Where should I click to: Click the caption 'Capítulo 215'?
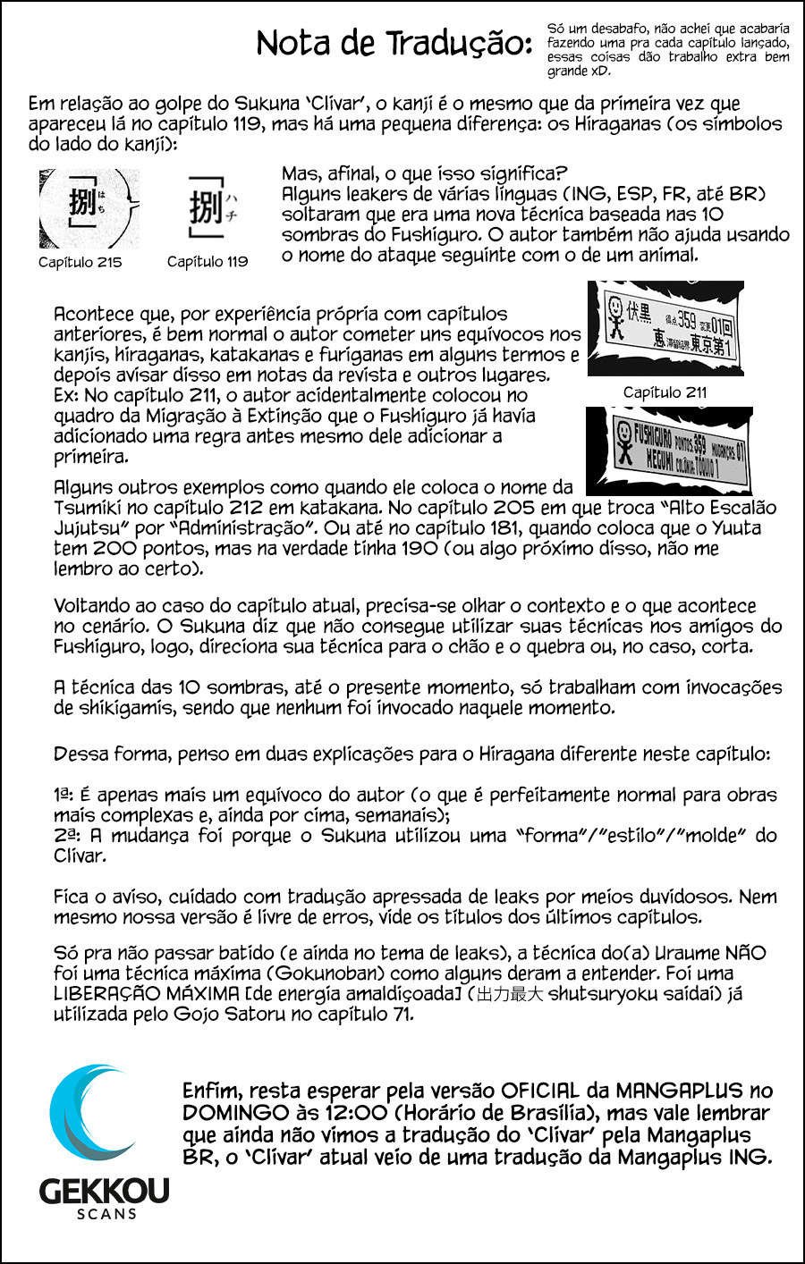(x=80, y=262)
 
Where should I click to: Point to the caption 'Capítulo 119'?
(x=208, y=262)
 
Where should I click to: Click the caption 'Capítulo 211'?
(x=665, y=392)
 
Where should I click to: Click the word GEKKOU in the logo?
(x=104, y=1191)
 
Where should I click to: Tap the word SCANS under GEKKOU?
(x=106, y=1214)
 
